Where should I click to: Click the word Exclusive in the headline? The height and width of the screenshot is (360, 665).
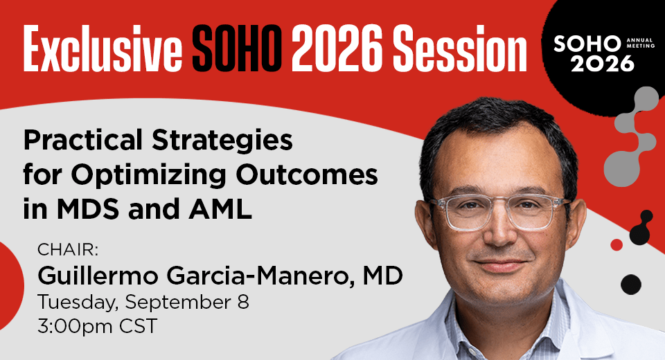pos(103,48)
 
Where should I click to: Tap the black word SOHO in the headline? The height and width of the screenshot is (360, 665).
pos(237,48)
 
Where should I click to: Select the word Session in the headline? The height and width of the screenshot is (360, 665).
pos(459,48)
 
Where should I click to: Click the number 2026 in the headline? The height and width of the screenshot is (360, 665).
pos(337,48)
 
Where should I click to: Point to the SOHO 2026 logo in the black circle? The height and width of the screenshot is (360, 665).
pos(598,54)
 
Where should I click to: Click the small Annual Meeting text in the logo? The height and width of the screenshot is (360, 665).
pos(640,43)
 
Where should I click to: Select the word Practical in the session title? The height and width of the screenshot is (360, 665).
pos(83,141)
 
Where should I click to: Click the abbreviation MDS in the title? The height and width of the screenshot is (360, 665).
pos(88,210)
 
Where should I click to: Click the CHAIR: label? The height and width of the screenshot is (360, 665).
pos(68,250)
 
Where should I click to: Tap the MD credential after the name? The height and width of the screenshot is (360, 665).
pos(382,276)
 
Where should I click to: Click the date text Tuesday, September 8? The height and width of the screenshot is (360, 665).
pos(143,303)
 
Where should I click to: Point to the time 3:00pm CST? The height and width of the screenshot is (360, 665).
pos(97,327)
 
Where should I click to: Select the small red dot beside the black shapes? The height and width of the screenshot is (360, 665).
pos(617,244)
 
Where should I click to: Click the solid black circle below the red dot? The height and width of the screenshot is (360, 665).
pos(631,285)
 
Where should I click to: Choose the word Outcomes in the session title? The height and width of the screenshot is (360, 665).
pos(307,174)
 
